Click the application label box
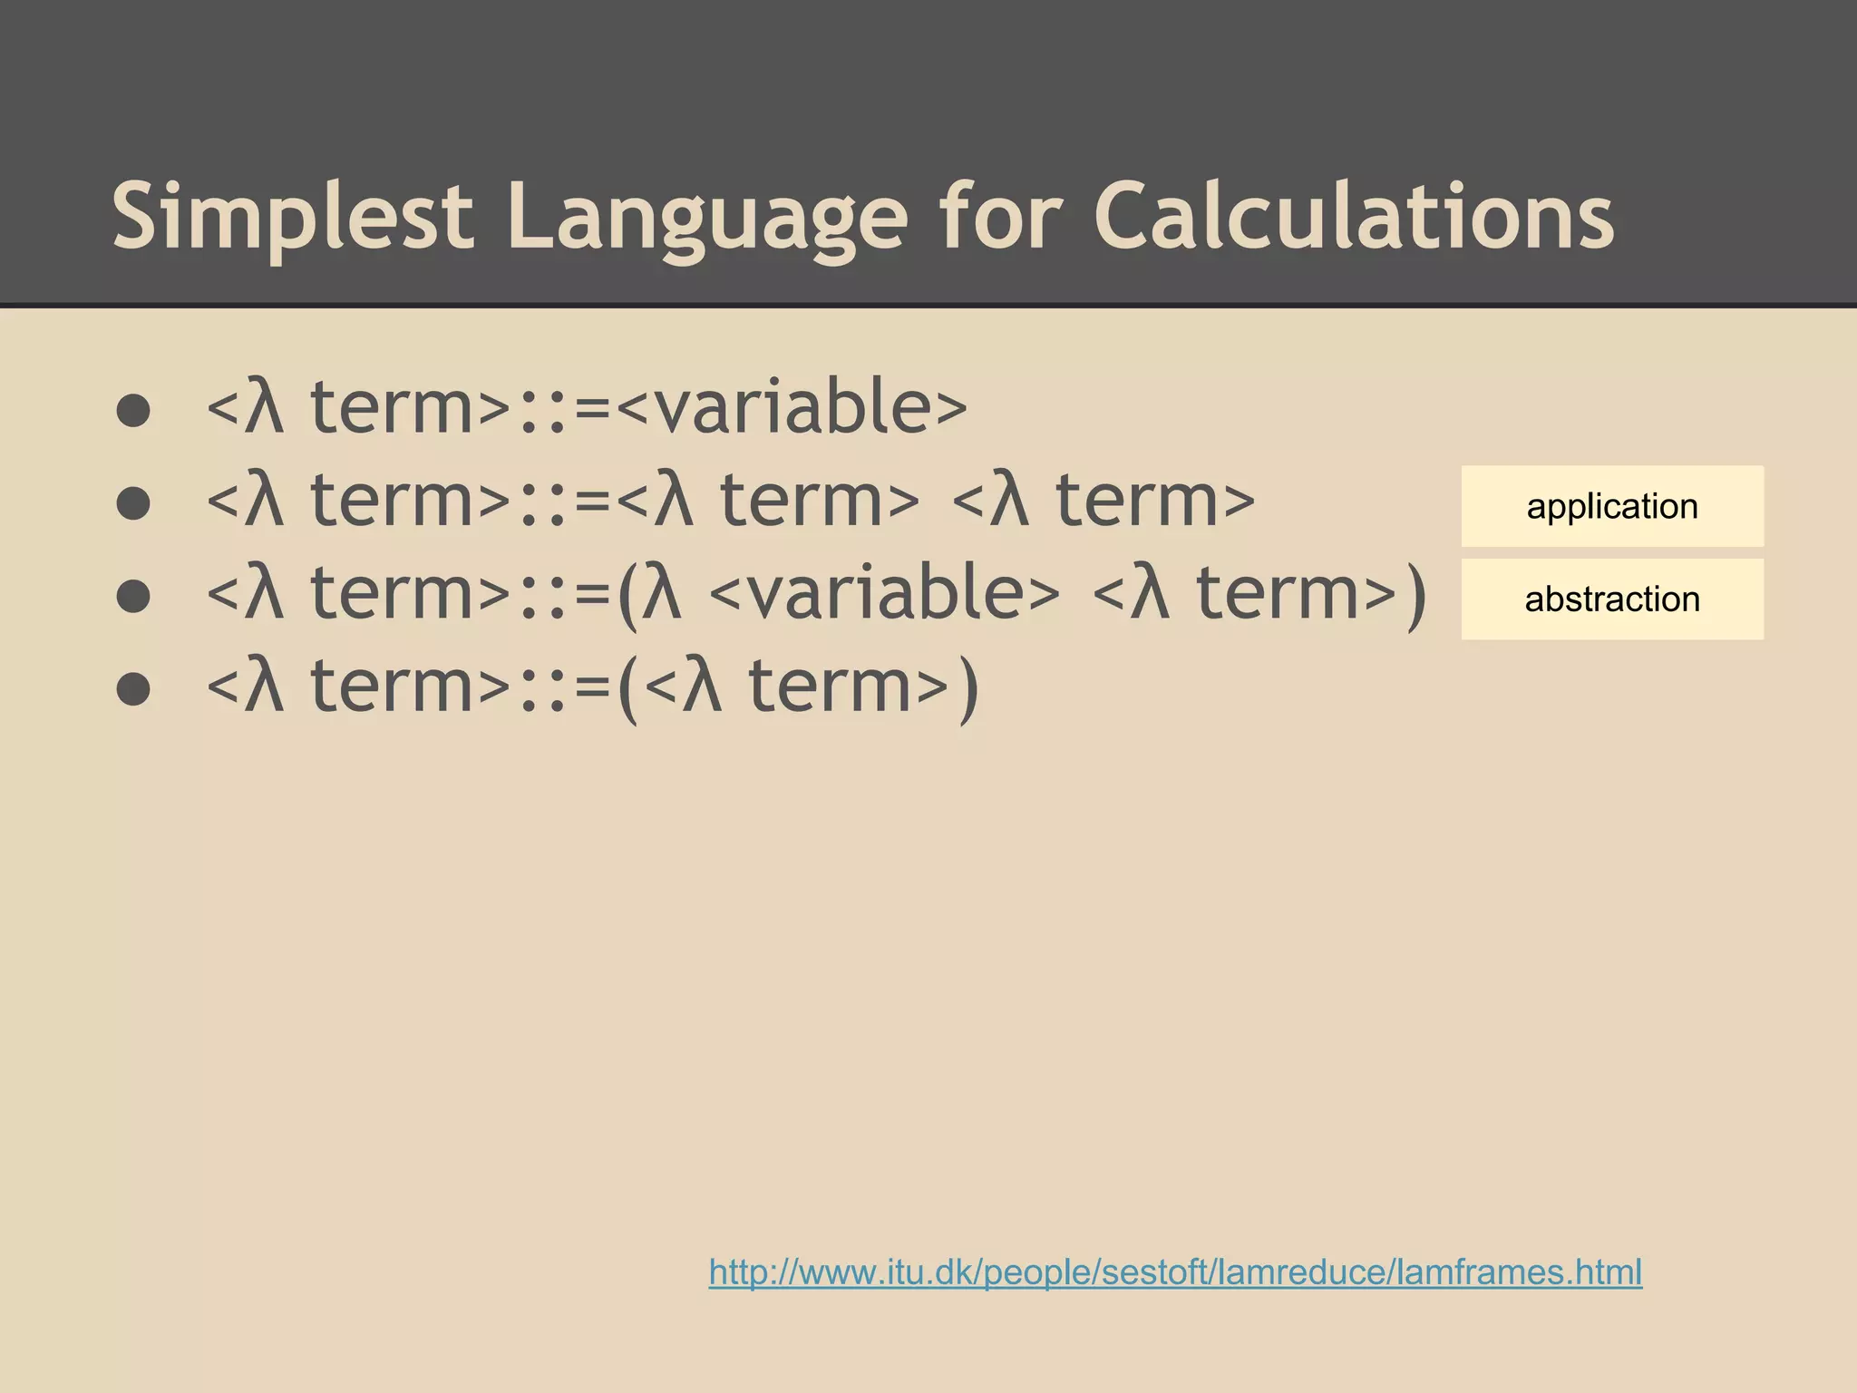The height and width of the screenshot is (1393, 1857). [x=1611, y=506]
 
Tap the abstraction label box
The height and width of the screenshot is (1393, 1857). [x=1611, y=599]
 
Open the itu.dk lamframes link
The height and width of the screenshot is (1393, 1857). [x=1175, y=1272]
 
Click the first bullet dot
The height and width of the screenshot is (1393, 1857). [x=133, y=411]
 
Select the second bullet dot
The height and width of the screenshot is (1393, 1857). [x=133, y=503]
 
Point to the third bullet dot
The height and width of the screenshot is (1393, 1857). [x=133, y=597]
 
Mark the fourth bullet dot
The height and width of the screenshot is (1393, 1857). [x=133, y=689]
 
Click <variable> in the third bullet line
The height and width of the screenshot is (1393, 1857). [x=884, y=594]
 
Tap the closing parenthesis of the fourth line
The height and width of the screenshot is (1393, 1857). [x=967, y=689]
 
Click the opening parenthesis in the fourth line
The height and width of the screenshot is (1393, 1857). [x=627, y=689]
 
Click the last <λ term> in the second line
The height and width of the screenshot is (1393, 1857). [x=1104, y=501]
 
